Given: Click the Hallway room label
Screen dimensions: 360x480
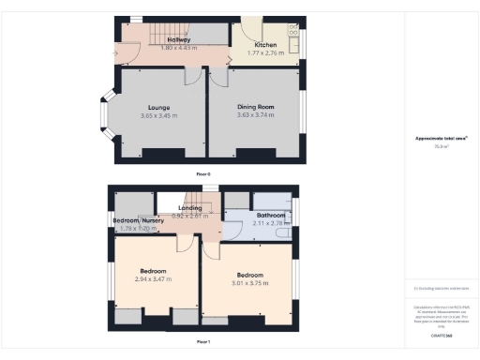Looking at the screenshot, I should tap(179, 40).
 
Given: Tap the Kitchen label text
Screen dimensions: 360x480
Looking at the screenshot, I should tap(264, 45).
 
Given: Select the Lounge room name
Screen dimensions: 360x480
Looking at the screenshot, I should tap(158, 107).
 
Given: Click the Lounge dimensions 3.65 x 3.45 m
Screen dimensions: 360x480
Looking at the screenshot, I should tap(158, 114).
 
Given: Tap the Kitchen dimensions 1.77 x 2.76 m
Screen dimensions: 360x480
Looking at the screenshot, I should tap(265, 52).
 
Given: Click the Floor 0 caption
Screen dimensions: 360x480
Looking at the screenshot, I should tap(203, 175).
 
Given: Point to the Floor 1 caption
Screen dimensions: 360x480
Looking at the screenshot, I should tap(203, 341).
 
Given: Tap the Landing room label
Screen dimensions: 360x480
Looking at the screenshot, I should tap(190, 207).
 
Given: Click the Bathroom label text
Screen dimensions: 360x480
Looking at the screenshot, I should tap(270, 215).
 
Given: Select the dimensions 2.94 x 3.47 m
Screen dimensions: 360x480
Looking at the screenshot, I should tap(156, 279).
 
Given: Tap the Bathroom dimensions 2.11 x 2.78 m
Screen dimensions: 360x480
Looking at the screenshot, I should tap(270, 223).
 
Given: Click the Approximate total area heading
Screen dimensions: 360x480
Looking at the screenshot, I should tap(440, 139).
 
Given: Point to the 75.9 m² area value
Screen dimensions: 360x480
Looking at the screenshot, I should tap(440, 147).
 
